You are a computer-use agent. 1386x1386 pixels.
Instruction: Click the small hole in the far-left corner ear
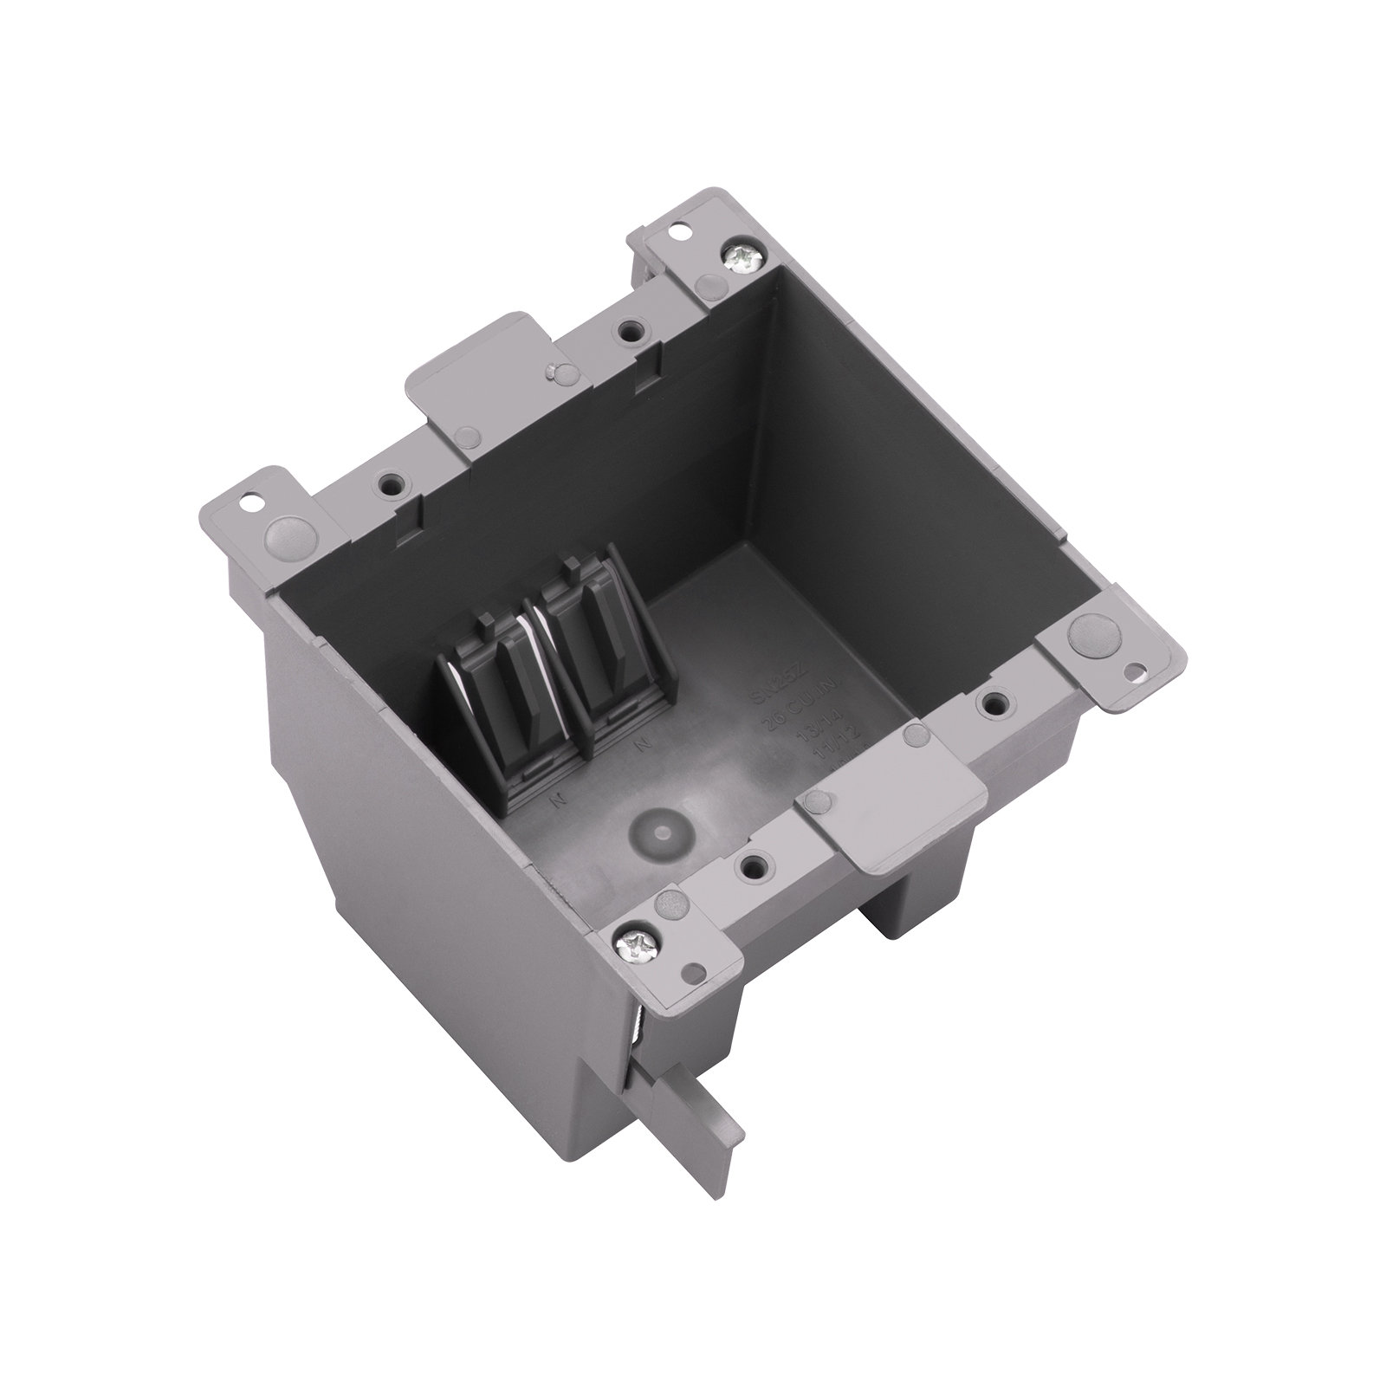[253, 499]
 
